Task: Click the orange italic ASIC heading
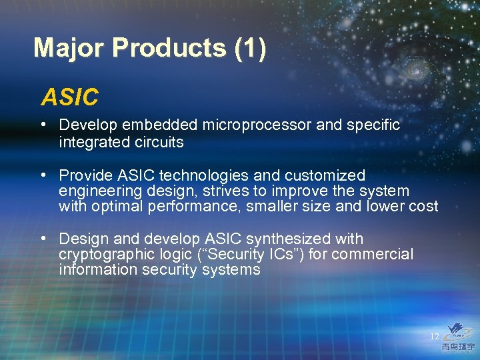click(x=69, y=97)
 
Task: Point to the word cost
click(x=423, y=206)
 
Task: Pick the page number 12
click(x=434, y=337)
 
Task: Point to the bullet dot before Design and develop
click(x=43, y=238)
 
